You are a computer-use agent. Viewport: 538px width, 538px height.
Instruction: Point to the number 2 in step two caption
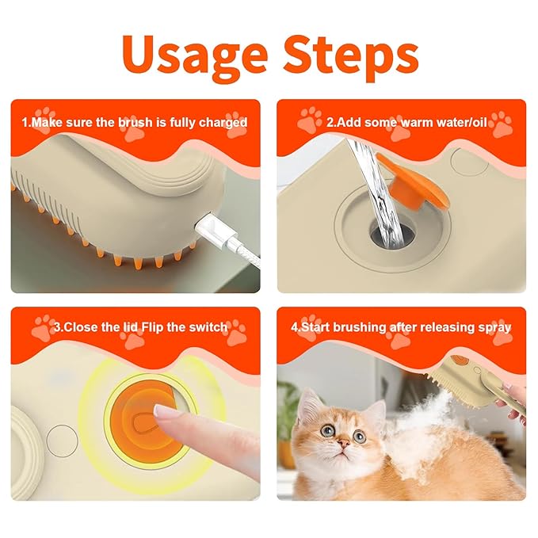[330, 123]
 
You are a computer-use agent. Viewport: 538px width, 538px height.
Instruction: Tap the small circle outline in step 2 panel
[464, 159]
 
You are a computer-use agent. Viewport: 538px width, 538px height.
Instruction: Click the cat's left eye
[327, 431]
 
